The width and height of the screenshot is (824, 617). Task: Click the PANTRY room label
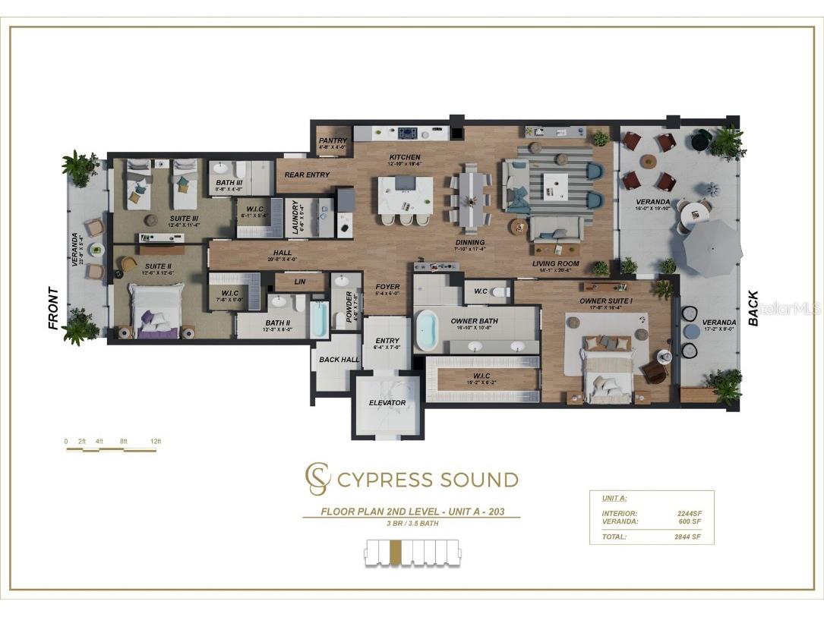[333, 140]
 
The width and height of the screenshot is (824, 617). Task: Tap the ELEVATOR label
[387, 402]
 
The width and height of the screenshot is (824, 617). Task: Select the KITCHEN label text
[404, 158]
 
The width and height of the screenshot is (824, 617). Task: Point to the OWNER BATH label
[475, 321]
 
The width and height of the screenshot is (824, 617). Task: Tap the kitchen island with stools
[406, 196]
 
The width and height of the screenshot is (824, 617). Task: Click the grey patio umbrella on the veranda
[712, 249]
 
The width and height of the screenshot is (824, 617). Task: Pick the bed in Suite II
[156, 309]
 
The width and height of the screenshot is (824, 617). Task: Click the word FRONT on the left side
[53, 307]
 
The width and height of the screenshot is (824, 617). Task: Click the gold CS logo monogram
[317, 479]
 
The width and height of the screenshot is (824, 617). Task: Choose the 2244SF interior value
[689, 514]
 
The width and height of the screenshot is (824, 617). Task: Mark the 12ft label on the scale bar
[156, 441]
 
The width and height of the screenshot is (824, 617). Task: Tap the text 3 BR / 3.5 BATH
[412, 524]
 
